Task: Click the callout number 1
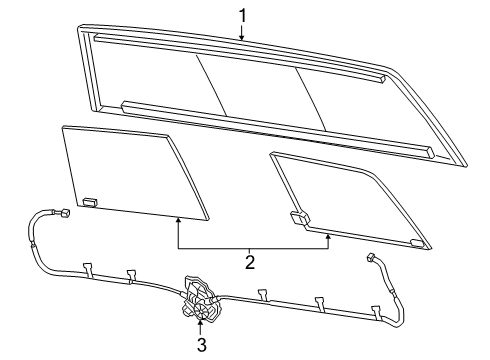point(241,15)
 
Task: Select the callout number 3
point(201,346)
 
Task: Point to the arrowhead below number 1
point(241,38)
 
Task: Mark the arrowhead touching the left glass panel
point(178,219)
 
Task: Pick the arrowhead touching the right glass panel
point(328,235)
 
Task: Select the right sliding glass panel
point(350,200)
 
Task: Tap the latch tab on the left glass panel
point(89,201)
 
